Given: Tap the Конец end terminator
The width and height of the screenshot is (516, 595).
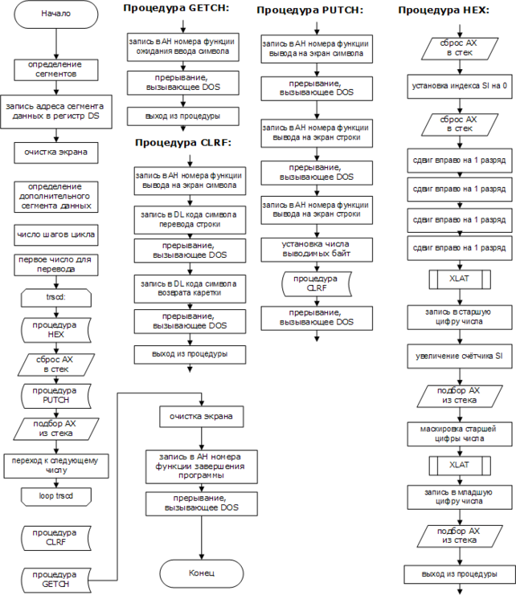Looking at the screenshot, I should (x=202, y=573).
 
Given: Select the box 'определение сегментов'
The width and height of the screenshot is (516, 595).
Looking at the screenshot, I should (x=55, y=67).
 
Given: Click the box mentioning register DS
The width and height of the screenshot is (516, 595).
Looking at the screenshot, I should (x=55, y=111).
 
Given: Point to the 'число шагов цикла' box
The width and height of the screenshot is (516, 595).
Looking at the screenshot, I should (x=55, y=235).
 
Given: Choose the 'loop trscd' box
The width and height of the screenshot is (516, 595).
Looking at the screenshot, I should (x=55, y=495).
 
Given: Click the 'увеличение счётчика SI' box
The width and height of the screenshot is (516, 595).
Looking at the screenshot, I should (x=459, y=355).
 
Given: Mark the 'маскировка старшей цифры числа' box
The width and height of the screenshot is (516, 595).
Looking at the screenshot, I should (x=459, y=433).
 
